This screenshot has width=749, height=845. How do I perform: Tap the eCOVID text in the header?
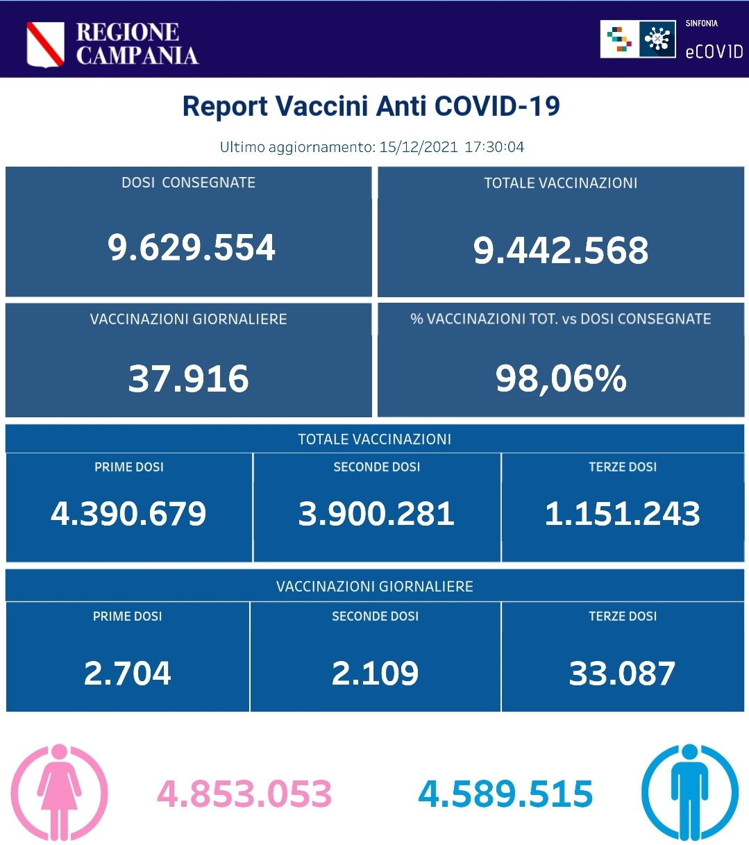pos(714,51)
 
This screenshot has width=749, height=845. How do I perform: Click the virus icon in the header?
pos(657,39)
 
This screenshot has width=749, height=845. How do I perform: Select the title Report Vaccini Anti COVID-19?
pos(371,106)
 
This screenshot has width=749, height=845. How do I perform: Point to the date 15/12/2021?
pos(418,147)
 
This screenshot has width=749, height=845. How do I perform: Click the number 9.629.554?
pos(192,248)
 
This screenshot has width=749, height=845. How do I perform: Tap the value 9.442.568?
pos(561,250)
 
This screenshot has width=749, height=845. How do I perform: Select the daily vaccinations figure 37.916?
pos(189,378)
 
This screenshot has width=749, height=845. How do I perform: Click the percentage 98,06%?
pos(561,378)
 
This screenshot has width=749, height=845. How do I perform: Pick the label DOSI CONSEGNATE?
pos(189,183)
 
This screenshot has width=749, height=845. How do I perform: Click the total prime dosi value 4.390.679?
pos(128,514)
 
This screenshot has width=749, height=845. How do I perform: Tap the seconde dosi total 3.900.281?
pos(376,514)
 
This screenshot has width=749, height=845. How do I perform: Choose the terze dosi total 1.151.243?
pos(623,514)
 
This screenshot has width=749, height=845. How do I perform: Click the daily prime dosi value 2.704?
pos(128,674)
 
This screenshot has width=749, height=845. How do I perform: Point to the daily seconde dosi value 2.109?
pos(375,674)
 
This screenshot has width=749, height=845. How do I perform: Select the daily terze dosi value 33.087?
pos(623,674)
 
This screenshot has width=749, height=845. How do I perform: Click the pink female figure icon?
pos(60,792)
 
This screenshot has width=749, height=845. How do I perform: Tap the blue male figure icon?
pos(689,792)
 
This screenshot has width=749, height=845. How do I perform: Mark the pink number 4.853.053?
pos(244,794)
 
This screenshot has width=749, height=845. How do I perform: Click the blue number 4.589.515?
pos(505,794)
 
